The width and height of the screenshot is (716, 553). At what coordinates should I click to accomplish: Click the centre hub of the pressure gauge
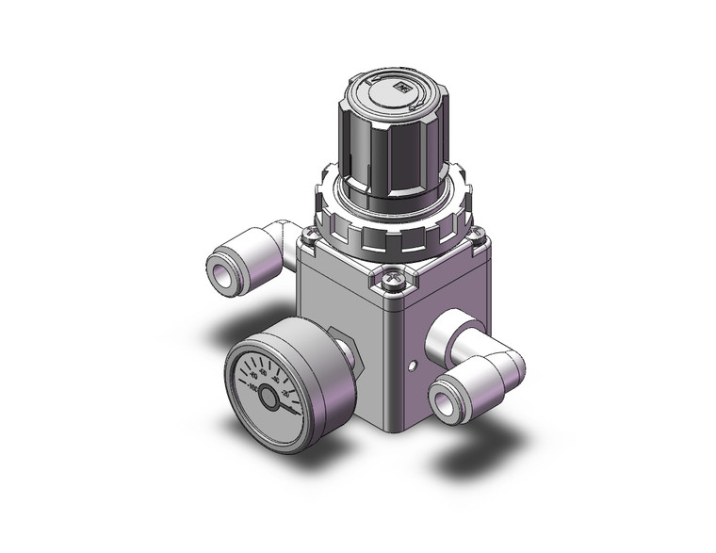pyautogui.click(x=270, y=398)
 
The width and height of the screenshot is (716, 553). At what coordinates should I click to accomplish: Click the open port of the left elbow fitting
pyautogui.click(x=223, y=275)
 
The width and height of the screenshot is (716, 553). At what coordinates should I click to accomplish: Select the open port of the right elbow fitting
pyautogui.click(x=444, y=399)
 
